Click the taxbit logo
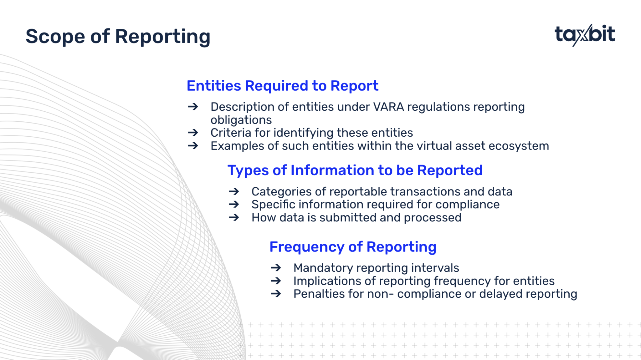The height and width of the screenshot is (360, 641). [585, 35]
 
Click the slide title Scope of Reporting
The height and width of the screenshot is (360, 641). [118, 37]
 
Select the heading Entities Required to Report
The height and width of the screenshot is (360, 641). [282, 86]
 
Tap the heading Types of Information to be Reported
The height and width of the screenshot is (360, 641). [355, 170]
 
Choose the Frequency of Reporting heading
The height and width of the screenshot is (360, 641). [353, 247]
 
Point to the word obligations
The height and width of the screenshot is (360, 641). [241, 120]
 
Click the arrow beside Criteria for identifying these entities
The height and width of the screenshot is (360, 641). [193, 133]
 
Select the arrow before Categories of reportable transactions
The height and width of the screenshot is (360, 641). [234, 191]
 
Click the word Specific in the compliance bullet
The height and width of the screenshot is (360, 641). [274, 205]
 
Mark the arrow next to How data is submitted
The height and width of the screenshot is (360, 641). [234, 217]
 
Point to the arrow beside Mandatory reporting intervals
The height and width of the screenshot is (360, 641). [276, 268]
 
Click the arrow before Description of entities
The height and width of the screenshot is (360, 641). [193, 107]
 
